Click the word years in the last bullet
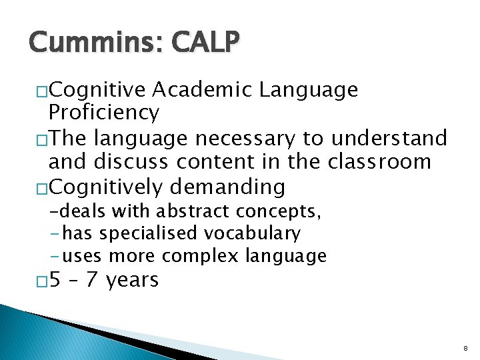click(132, 280)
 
